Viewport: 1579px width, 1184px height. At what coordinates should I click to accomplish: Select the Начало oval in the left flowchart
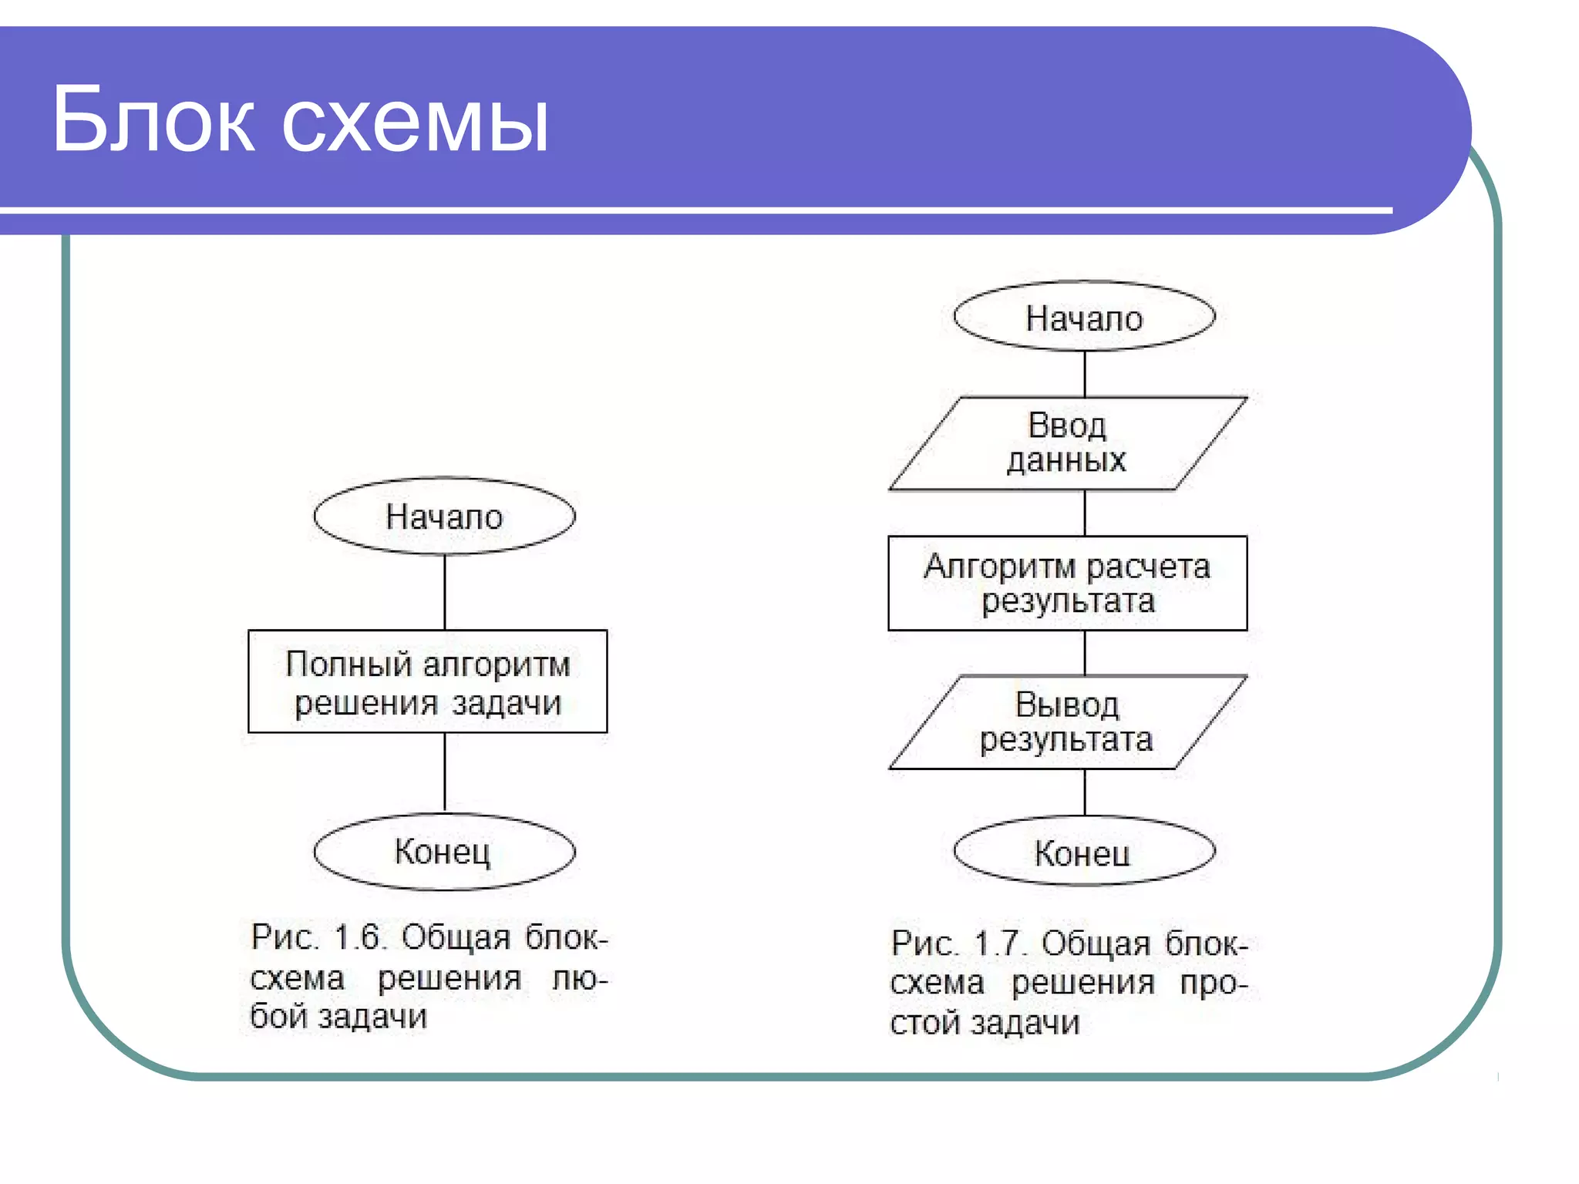click(x=444, y=516)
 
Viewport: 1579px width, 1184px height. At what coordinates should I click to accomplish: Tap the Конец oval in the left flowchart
click(x=444, y=852)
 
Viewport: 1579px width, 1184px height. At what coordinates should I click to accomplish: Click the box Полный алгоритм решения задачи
click(x=427, y=682)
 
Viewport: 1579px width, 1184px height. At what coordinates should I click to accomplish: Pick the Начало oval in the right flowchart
click(x=1084, y=317)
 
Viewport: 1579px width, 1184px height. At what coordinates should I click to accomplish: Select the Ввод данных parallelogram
click(x=1068, y=443)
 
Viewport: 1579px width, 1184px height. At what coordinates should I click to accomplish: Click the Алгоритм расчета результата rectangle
click(x=1067, y=584)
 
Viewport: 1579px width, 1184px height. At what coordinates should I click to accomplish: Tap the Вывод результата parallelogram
click(x=1068, y=722)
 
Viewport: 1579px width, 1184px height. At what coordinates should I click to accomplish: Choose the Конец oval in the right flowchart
click(x=1084, y=852)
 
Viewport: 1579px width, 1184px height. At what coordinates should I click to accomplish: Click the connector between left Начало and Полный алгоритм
click(x=445, y=592)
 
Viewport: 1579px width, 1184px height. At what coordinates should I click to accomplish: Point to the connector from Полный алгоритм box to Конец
click(x=445, y=771)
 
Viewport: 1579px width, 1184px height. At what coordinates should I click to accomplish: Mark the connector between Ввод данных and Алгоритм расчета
click(x=1085, y=513)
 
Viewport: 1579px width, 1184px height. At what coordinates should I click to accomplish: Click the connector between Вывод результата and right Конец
click(x=1085, y=792)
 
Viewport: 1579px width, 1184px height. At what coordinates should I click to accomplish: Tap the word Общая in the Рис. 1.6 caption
click(x=456, y=938)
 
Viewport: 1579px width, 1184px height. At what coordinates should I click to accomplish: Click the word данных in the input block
click(x=1066, y=460)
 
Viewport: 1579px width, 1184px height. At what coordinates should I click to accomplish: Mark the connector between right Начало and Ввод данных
click(x=1085, y=374)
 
